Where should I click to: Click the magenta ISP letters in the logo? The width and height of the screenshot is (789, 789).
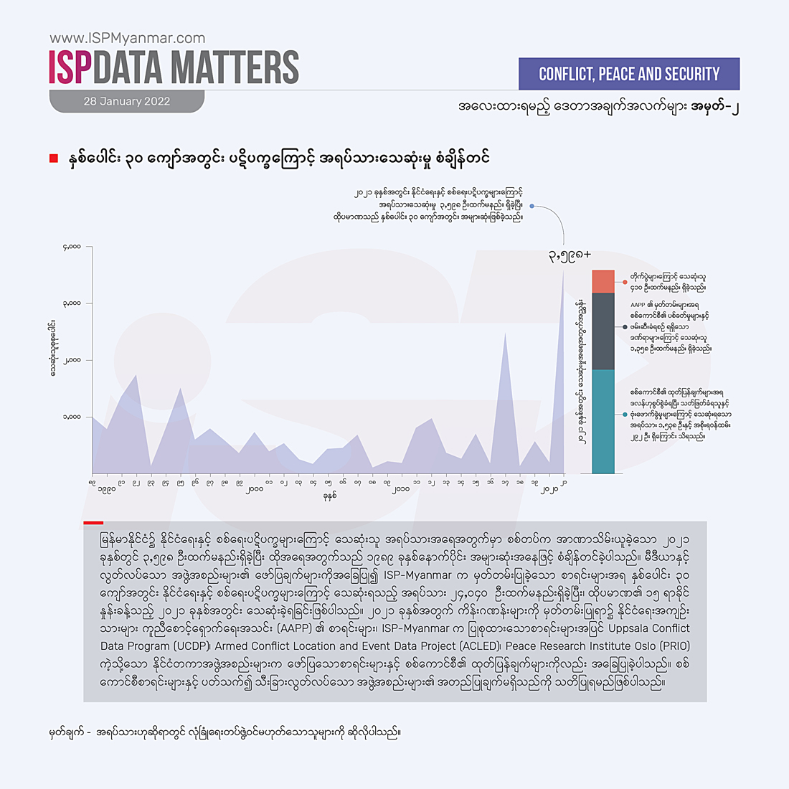tap(70, 67)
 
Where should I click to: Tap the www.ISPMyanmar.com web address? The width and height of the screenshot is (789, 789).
tap(127, 38)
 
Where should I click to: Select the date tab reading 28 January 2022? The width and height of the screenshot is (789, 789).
tap(126, 101)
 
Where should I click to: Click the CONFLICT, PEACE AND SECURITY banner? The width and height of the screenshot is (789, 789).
tap(628, 74)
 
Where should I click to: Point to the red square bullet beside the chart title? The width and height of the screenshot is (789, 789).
tap(53, 158)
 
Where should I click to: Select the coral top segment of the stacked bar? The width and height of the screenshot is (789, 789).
tap(603, 281)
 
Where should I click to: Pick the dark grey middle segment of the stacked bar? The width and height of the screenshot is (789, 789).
tap(603, 331)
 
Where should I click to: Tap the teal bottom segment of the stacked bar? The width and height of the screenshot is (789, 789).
tap(603, 421)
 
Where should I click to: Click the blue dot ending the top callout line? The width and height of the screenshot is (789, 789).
tap(531, 206)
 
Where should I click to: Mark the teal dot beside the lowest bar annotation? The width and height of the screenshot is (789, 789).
tap(625, 415)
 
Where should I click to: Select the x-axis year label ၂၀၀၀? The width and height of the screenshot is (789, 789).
tap(254, 490)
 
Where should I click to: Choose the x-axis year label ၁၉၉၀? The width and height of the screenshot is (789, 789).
tap(106, 490)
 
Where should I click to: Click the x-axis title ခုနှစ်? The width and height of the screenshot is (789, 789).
tap(329, 496)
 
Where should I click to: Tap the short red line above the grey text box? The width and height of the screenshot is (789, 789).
tap(93, 523)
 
